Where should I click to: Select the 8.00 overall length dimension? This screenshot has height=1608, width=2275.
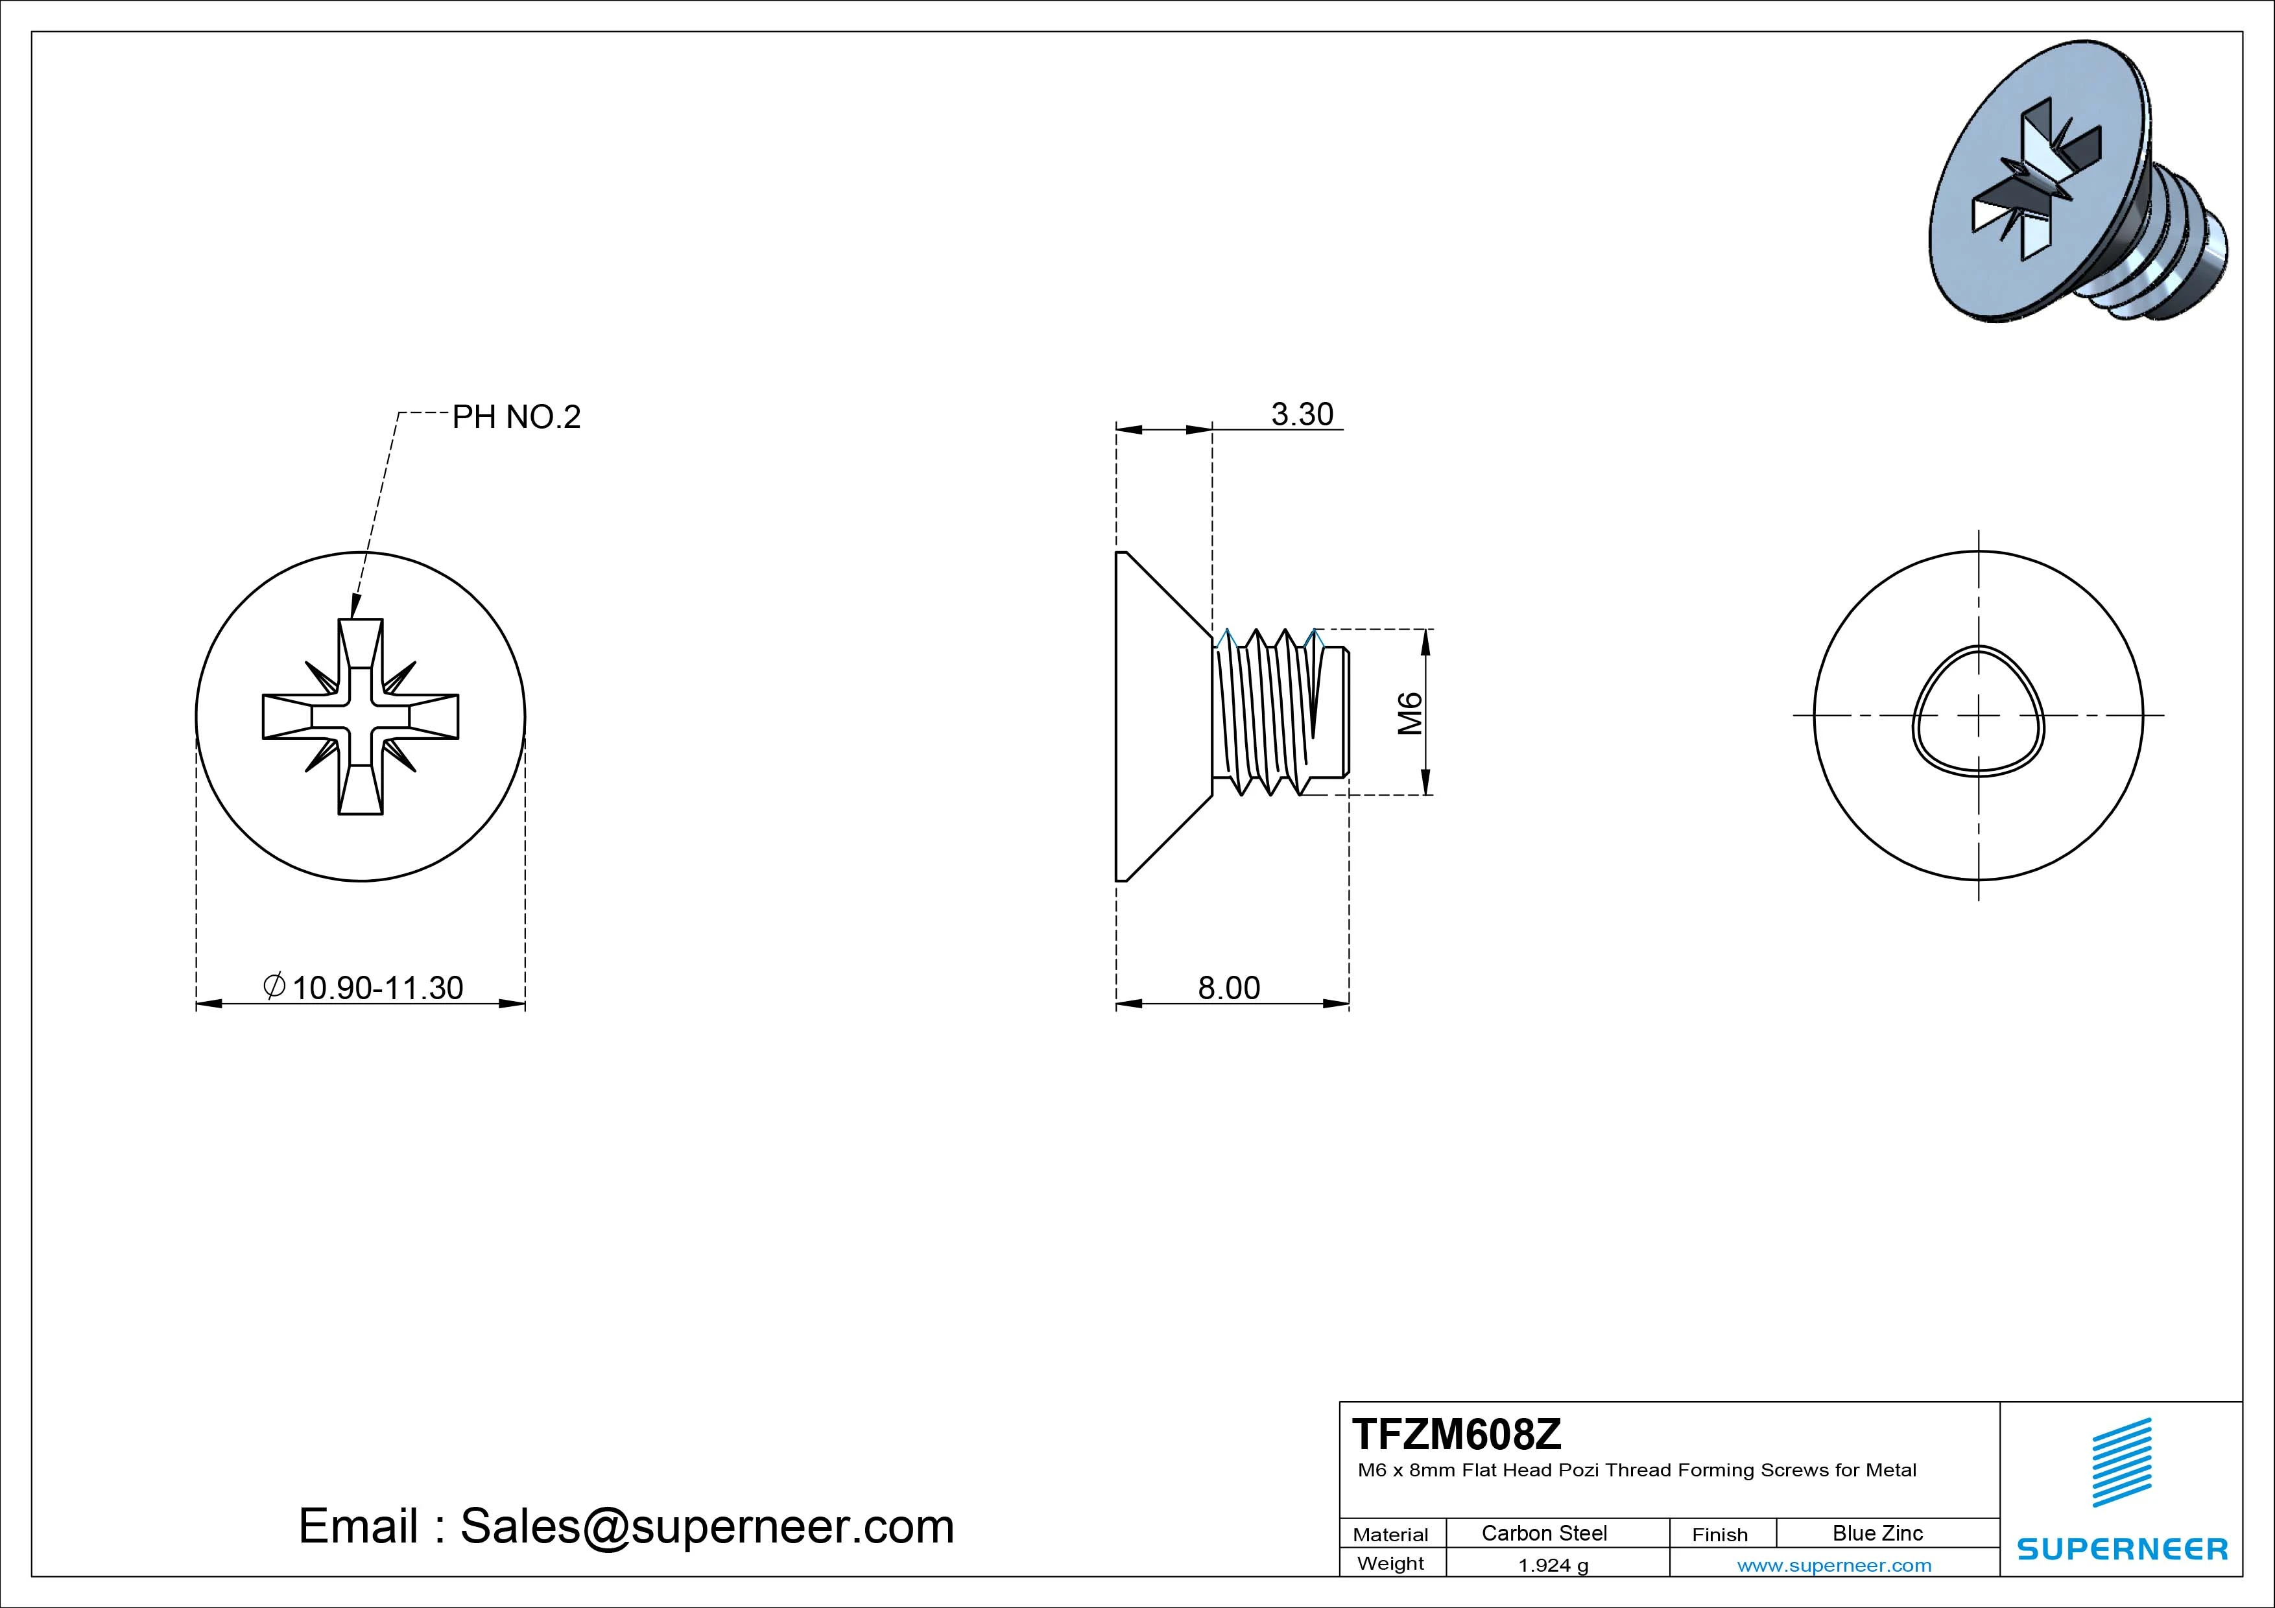coord(1229,987)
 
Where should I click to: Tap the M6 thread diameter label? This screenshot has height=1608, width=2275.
coord(1409,713)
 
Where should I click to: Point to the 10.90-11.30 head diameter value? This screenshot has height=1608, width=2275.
coord(377,987)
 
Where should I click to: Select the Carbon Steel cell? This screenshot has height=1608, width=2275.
coord(1543,1533)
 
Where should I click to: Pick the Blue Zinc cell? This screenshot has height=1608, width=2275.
coord(1877,1533)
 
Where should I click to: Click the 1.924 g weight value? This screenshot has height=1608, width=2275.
coord(1553,1565)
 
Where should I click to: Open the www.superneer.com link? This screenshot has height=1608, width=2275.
coord(1834,1565)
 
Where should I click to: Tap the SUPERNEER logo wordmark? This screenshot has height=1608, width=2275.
coord(2121,1548)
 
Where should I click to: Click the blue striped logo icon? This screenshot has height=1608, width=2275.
coord(2121,1461)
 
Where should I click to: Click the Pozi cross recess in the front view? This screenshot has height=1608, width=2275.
coord(361,716)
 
